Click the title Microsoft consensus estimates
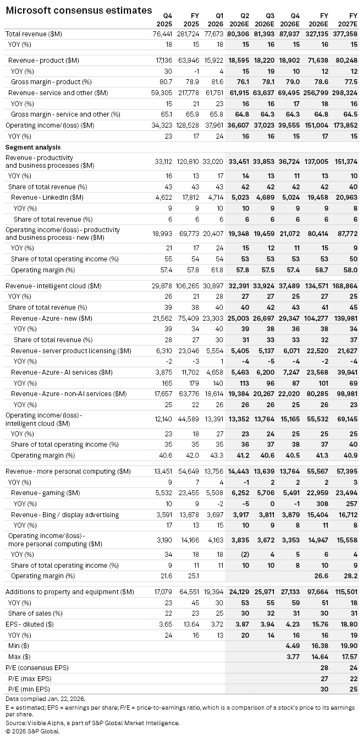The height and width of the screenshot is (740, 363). [x=79, y=10]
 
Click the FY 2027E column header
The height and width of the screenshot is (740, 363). [x=349, y=20]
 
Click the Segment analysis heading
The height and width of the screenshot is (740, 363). [x=32, y=147]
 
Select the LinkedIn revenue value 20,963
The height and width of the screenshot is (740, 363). [x=346, y=197]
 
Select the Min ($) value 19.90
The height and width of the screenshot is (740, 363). [x=348, y=646]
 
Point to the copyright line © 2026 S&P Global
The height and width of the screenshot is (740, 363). [x=32, y=731]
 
